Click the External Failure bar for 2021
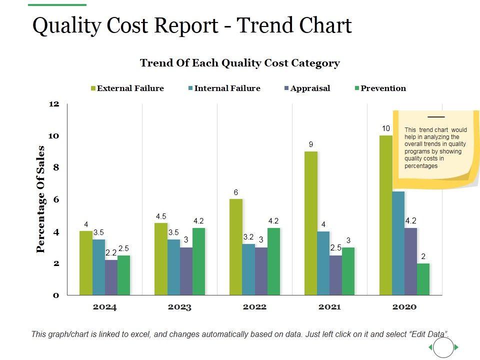coord(311,223)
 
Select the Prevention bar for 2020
coord(423,279)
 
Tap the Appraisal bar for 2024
coord(111,277)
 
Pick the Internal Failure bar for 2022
coord(248,269)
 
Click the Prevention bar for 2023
coord(198,261)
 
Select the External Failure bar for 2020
coord(385,215)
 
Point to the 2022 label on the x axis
coord(254,307)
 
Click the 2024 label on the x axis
coord(104,307)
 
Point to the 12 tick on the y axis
coord(54,104)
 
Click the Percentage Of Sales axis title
coord(41,199)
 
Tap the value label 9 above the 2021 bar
coord(311,144)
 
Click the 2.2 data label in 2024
coord(111,253)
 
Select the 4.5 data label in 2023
coord(161,216)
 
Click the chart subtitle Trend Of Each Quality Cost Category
coord(240,63)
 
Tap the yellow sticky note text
coord(435,147)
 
